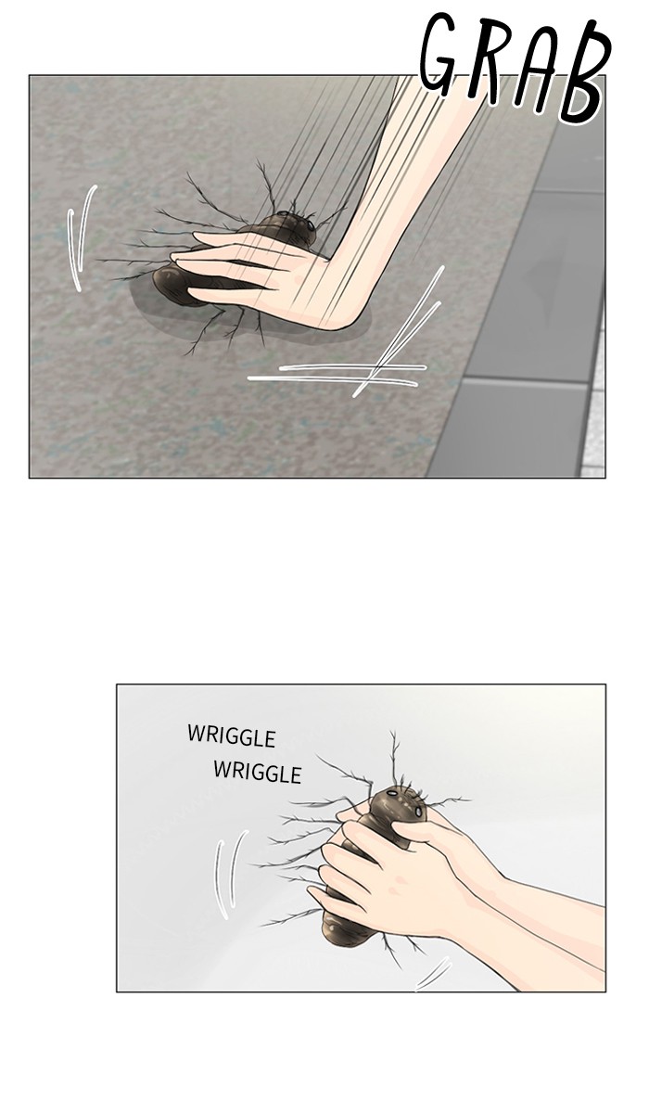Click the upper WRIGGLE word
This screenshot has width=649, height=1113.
232,736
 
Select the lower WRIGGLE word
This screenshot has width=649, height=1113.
258,773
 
